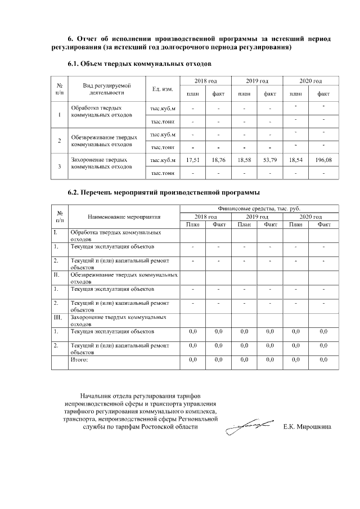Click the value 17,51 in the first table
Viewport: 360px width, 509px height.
pos(193,160)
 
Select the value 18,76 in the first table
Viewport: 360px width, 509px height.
pos(219,160)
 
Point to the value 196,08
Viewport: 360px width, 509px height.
pos(323,160)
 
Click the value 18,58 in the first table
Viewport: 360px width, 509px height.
pos(245,160)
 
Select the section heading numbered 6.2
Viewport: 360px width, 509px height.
pos(163,192)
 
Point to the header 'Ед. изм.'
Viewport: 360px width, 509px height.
pos(163,89)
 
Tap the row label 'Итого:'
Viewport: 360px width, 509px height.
pos(79,358)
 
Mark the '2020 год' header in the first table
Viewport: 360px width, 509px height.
pos(310,82)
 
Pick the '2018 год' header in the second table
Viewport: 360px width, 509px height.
pos(205,217)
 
